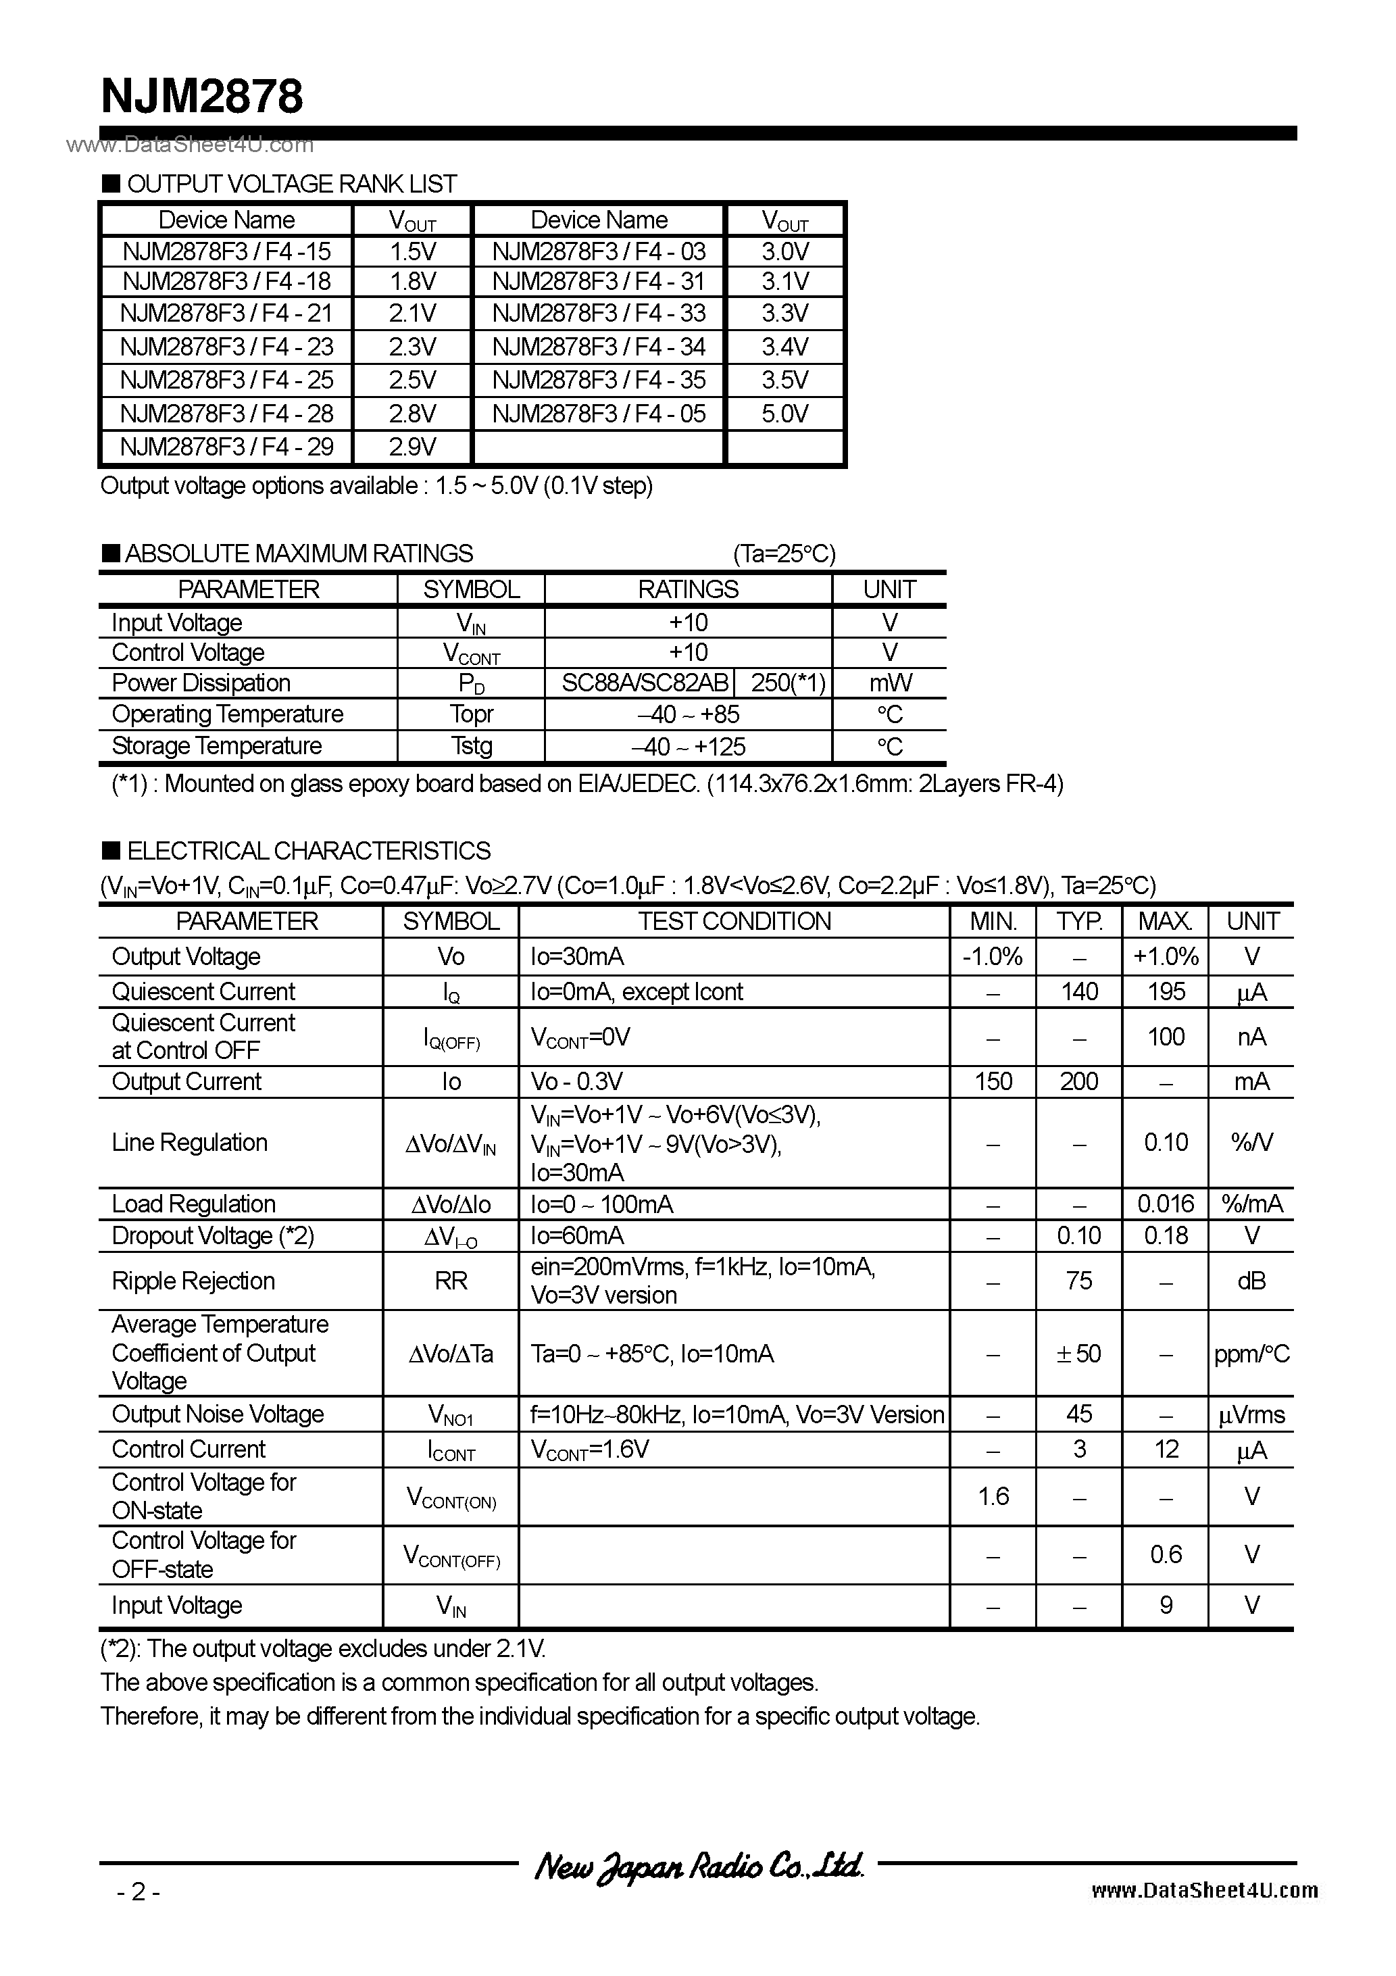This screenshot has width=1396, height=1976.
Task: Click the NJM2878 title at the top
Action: pyautogui.click(x=202, y=97)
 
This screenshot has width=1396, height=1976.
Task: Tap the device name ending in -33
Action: pyautogui.click(x=599, y=314)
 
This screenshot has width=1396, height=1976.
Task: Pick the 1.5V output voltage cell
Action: pyautogui.click(x=412, y=251)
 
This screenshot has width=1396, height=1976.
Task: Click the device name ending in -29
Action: pyautogui.click(x=226, y=447)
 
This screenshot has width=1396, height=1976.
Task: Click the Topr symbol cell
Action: pyautogui.click(x=471, y=714)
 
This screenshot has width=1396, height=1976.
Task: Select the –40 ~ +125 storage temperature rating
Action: pyautogui.click(x=689, y=746)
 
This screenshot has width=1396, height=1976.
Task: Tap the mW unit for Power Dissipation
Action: pyautogui.click(x=889, y=683)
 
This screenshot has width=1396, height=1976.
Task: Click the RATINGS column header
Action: pyautogui.click(x=688, y=589)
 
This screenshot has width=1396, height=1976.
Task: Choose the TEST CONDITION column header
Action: pyautogui.click(x=734, y=922)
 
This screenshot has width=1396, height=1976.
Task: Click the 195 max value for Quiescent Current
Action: pyautogui.click(x=1166, y=991)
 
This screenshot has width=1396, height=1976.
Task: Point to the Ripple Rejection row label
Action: pyautogui.click(x=194, y=1281)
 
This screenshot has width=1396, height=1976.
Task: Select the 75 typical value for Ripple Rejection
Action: pyautogui.click(x=1078, y=1281)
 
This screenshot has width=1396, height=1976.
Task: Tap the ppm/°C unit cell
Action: pyautogui.click(x=1251, y=1354)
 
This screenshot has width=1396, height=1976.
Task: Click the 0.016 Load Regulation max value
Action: pyautogui.click(x=1166, y=1204)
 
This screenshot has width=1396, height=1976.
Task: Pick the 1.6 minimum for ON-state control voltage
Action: pyautogui.click(x=993, y=1497)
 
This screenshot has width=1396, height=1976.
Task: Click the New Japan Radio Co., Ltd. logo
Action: pyautogui.click(x=698, y=1866)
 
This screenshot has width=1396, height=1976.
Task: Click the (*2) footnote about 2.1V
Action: pyautogui.click(x=324, y=1649)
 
